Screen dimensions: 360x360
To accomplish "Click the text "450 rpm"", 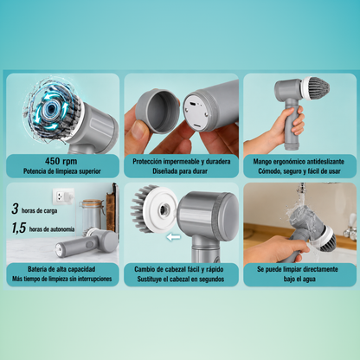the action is (x=61, y=161).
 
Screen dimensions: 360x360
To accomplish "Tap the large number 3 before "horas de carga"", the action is (x=15, y=209).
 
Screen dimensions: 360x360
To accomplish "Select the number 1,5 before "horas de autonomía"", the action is (x=19, y=228).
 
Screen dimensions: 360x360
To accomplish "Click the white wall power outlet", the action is (x=62, y=196).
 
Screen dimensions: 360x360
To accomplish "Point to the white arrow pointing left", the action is (x=174, y=237).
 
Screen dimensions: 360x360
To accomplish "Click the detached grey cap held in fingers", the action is (x=157, y=112).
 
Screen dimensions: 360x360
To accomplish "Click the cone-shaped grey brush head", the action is (x=315, y=88).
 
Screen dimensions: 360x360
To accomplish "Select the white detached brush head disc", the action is (x=160, y=210).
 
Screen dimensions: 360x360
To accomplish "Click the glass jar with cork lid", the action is (x=91, y=215).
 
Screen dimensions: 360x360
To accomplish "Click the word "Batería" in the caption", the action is (x=36, y=269).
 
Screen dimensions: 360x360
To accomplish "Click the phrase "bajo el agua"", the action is (x=299, y=279).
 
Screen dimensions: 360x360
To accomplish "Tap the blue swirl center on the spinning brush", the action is (x=52, y=108).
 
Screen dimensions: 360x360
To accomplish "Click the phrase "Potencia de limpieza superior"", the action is (x=62, y=171).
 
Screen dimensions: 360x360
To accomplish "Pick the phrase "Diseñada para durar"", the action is (x=180, y=171).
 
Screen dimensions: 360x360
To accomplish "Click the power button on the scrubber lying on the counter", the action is (x=90, y=244).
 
